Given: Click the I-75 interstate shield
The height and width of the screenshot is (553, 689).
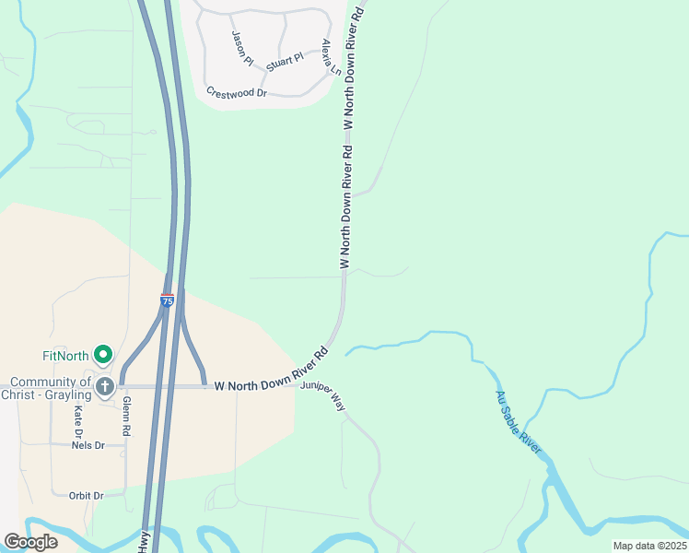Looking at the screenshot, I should tap(167, 300).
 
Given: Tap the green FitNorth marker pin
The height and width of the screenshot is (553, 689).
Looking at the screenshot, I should tap(104, 354).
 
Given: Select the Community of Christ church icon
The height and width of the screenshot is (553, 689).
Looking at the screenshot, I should tap(104, 386).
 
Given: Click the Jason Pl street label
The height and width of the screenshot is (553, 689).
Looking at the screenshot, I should tap(242, 48).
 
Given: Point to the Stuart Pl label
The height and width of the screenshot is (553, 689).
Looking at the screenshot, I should tap(285, 62).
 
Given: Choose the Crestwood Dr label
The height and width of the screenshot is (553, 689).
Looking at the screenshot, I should tap(237, 93).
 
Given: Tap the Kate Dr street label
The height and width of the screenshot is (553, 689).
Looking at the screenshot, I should tap(79, 420).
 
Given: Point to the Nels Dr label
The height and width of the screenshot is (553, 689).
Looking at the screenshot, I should tap(88, 445).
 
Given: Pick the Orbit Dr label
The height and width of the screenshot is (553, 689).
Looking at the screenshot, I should tap(87, 495).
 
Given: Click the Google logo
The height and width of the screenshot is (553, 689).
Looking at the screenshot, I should tap(31, 542).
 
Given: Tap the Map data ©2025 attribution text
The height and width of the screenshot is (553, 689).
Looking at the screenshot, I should tap(649, 546).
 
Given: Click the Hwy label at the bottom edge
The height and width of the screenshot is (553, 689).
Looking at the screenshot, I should tap(145, 544).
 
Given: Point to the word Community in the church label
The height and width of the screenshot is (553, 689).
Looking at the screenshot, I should tap(46, 382).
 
